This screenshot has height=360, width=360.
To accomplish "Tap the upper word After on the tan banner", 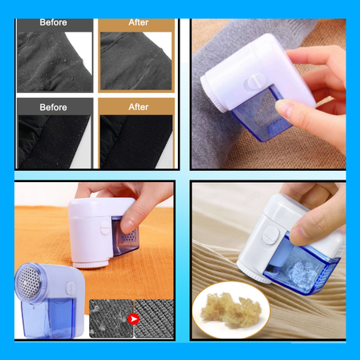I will pos(138,23).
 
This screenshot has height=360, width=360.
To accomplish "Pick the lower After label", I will pos(138,106).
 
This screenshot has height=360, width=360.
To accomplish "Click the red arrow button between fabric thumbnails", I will pos(132,318).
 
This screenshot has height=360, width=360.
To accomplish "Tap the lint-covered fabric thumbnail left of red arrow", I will pos(109,318).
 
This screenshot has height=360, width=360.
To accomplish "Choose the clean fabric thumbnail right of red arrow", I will pos(154,318).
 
